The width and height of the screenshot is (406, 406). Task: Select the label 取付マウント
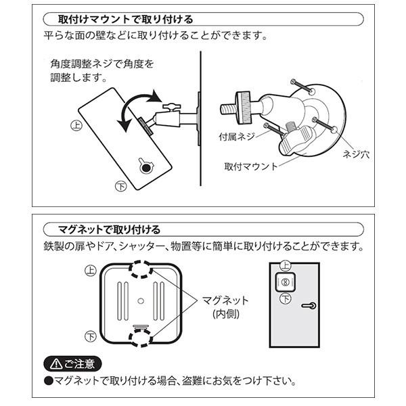pos(250,166)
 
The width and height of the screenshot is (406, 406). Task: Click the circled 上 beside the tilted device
pos(76,125)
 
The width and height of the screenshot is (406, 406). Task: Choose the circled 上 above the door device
pos(286,266)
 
